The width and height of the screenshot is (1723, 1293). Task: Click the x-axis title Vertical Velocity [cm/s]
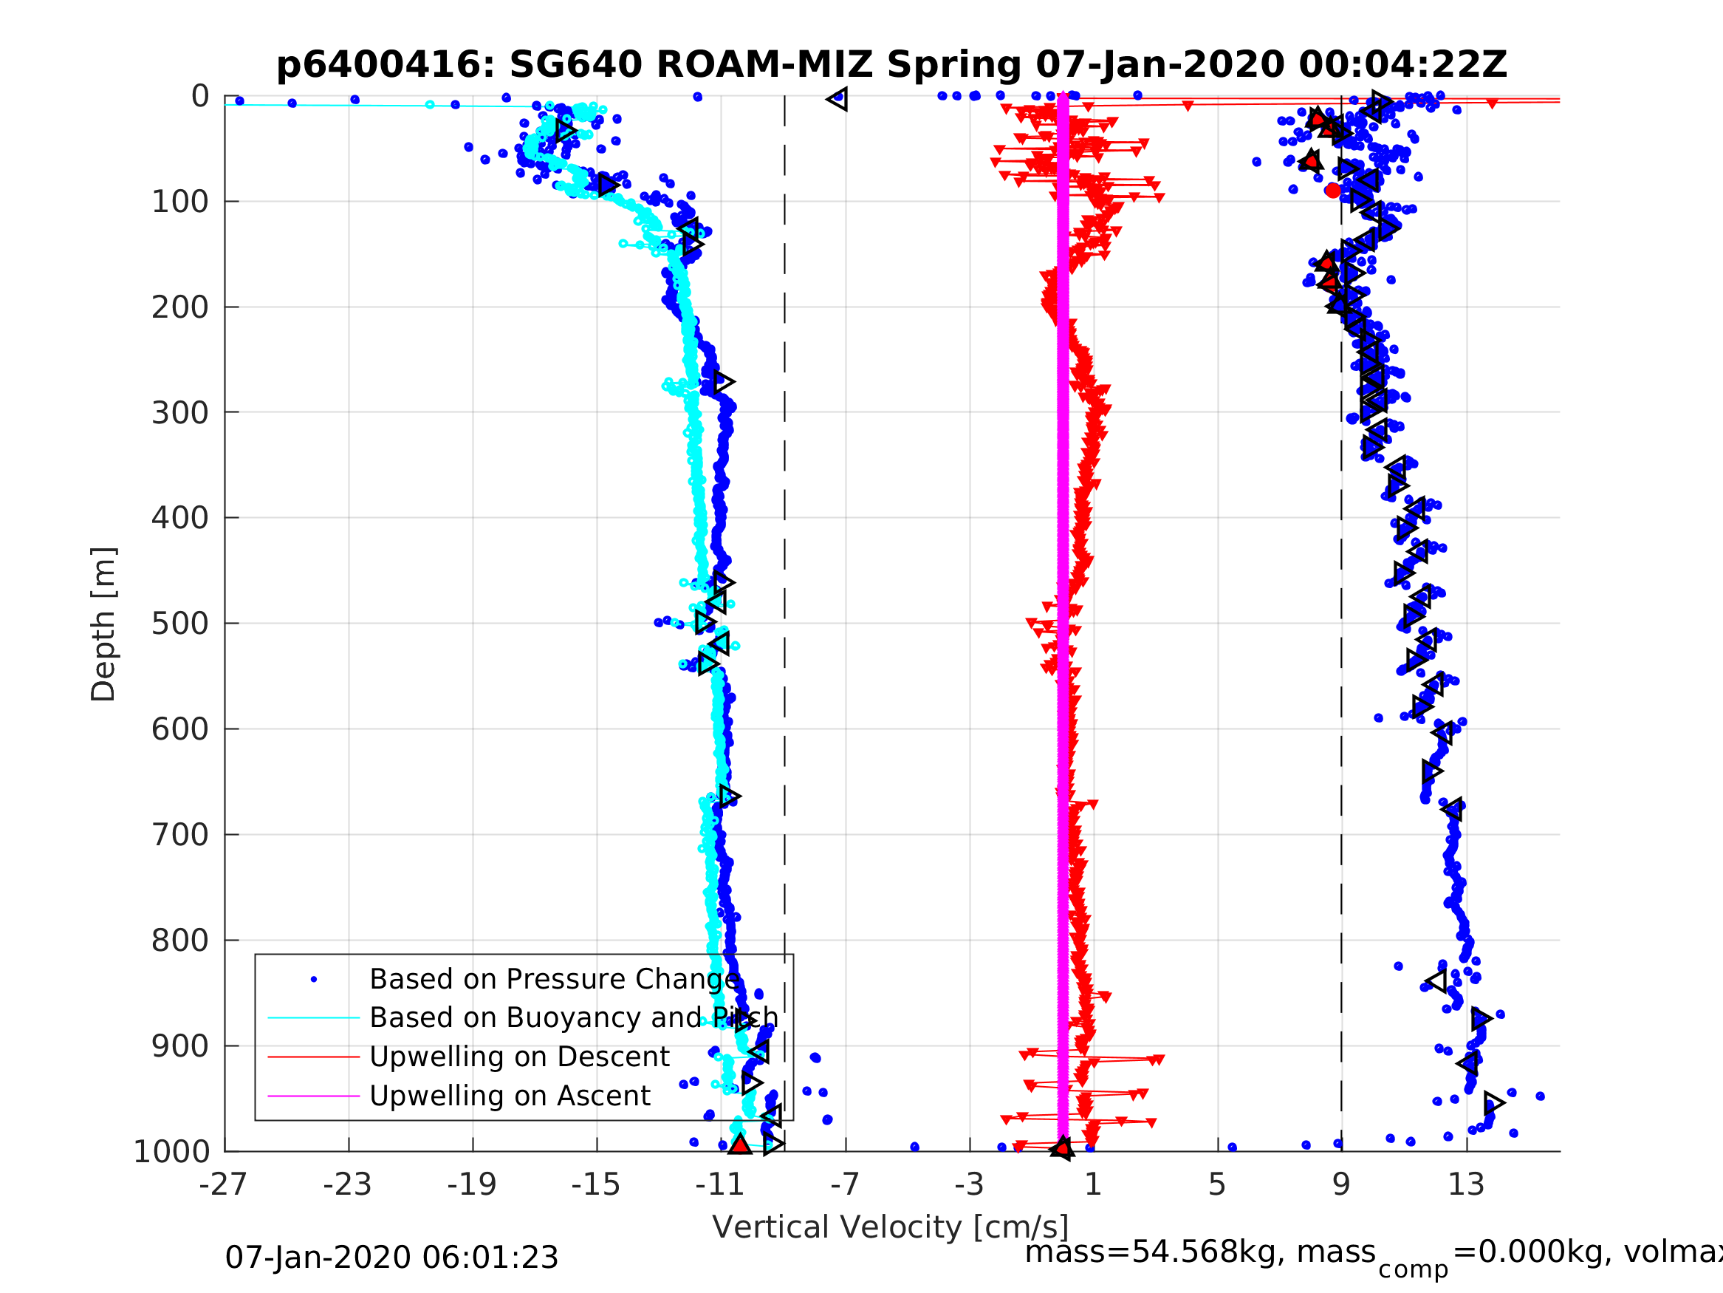891,1227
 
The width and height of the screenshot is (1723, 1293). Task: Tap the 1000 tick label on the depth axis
171,1152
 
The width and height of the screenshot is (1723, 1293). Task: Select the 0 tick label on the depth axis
200,97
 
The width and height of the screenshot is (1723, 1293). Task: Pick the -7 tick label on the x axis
845,1184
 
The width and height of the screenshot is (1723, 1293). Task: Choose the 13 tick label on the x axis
1466,1184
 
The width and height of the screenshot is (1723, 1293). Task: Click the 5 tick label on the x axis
1217,1184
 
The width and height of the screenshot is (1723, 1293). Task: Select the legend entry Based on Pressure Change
554,979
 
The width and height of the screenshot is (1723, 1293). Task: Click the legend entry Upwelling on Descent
519,1057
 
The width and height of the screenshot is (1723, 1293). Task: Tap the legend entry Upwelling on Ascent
510,1096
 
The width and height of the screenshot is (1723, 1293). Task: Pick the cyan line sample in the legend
314,1018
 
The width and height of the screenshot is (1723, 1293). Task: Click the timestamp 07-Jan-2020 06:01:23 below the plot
392,1258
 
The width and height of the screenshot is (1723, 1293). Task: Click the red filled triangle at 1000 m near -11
739,1145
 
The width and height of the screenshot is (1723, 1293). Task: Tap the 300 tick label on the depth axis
180,412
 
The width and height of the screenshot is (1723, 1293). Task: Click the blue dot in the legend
314,979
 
